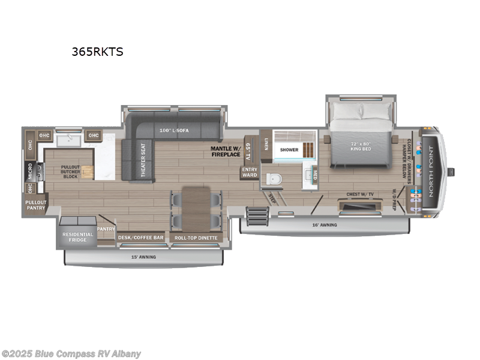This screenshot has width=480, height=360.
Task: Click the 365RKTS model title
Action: point(98,52)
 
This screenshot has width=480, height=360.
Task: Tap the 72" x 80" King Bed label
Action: point(362,147)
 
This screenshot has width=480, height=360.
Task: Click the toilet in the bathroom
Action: point(274,178)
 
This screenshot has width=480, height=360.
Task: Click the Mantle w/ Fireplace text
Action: point(225,151)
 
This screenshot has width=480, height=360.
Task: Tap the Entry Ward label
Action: point(249,172)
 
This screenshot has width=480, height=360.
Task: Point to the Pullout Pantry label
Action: point(36,206)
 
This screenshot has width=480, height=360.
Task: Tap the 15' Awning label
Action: point(143,257)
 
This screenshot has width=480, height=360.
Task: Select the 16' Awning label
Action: point(325,225)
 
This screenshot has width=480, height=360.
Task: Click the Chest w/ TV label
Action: point(360,194)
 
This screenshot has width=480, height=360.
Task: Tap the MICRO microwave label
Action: point(29,171)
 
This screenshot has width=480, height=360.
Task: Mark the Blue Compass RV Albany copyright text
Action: point(71,353)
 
